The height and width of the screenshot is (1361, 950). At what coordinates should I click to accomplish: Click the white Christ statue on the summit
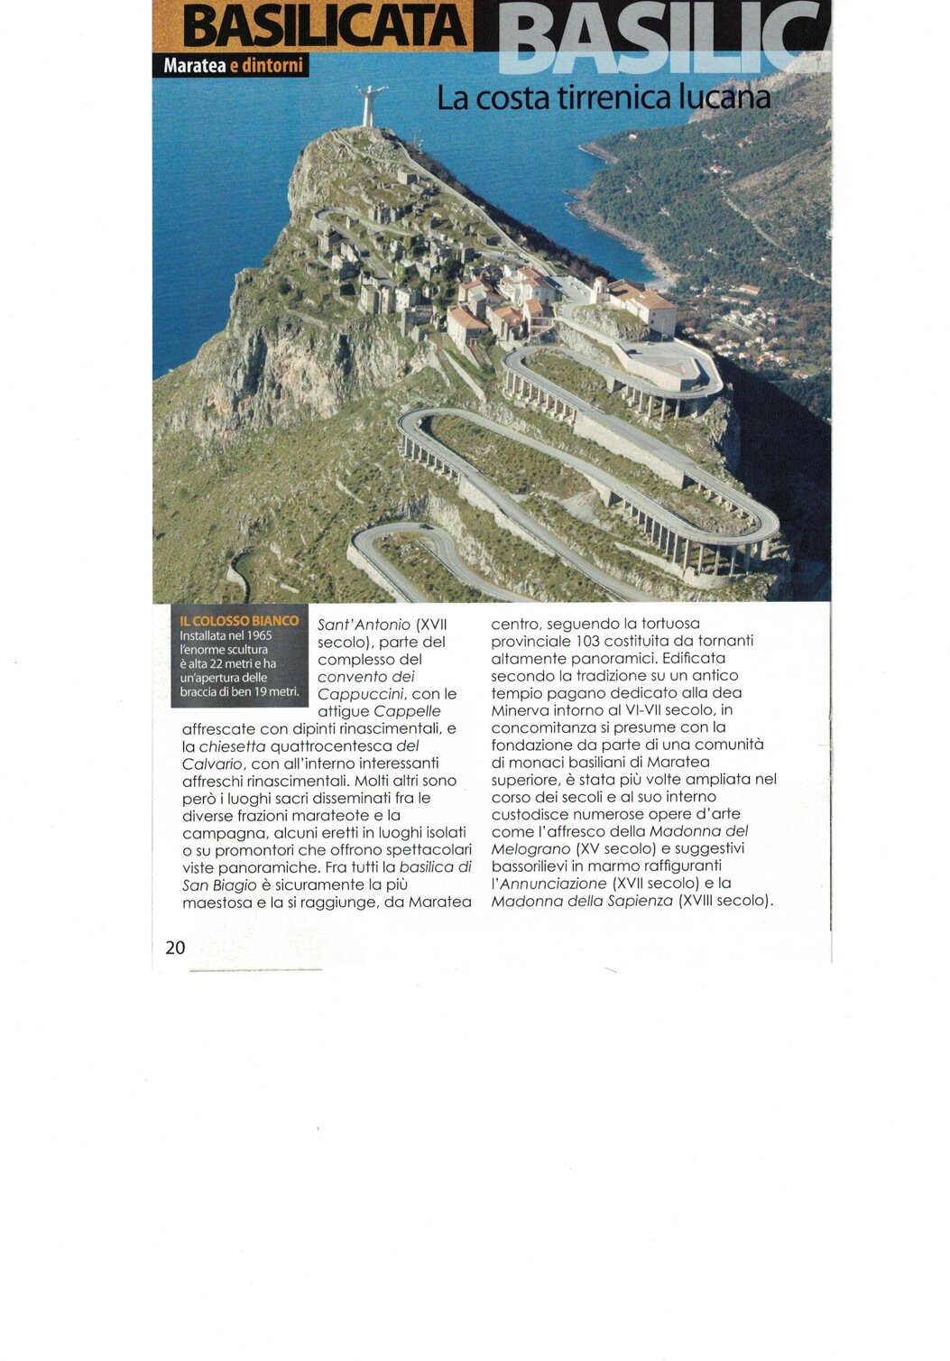370,105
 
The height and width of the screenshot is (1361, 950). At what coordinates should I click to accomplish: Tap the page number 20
175,947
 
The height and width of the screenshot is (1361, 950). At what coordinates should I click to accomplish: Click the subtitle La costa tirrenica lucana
604,97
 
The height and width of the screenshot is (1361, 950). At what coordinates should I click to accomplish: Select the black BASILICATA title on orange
326,27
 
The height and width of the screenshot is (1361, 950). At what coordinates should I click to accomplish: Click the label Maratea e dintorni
233,66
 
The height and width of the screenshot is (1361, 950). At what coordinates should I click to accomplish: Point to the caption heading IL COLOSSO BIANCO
239,621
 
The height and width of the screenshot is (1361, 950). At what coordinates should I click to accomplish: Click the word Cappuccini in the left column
360,694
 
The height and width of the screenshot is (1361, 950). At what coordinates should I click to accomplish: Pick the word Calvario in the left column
212,764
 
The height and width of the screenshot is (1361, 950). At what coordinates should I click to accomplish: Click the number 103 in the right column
593,641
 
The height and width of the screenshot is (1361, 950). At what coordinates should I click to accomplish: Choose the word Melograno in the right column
530,849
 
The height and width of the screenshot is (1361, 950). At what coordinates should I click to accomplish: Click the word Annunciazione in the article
553,884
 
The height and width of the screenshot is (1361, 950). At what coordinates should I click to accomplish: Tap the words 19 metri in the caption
269,692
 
